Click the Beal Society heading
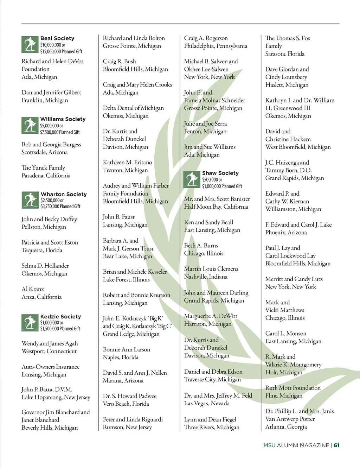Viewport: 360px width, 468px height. tap(57, 38)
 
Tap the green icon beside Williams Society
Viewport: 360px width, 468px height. tap(30, 125)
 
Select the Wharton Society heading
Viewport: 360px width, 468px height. tap(64, 194)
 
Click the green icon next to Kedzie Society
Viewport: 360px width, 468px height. tap(30, 323)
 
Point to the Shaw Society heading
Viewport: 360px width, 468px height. tap(220, 173)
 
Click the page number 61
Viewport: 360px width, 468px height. tap(336, 445)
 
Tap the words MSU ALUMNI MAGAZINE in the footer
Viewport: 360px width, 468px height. tap(296, 445)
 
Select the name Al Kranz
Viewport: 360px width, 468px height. tap(33, 289)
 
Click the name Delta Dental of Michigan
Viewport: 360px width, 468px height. tap(133, 108)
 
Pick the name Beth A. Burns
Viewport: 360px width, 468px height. tap(201, 246)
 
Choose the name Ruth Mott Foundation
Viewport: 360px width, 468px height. tap(293, 388)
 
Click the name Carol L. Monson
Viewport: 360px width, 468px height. tap(286, 333)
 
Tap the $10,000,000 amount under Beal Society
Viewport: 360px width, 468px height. tap(52, 45)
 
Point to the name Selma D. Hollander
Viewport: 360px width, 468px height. tap(45, 266)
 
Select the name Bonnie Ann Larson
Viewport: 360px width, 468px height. tap(126, 349)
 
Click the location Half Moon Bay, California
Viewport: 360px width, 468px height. tap(216, 207)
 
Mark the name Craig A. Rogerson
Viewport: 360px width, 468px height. tap(206, 38)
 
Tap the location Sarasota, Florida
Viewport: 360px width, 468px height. tap(285, 54)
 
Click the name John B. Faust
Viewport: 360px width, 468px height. tap(118, 217)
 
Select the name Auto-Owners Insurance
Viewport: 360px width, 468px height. tap(50, 367)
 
